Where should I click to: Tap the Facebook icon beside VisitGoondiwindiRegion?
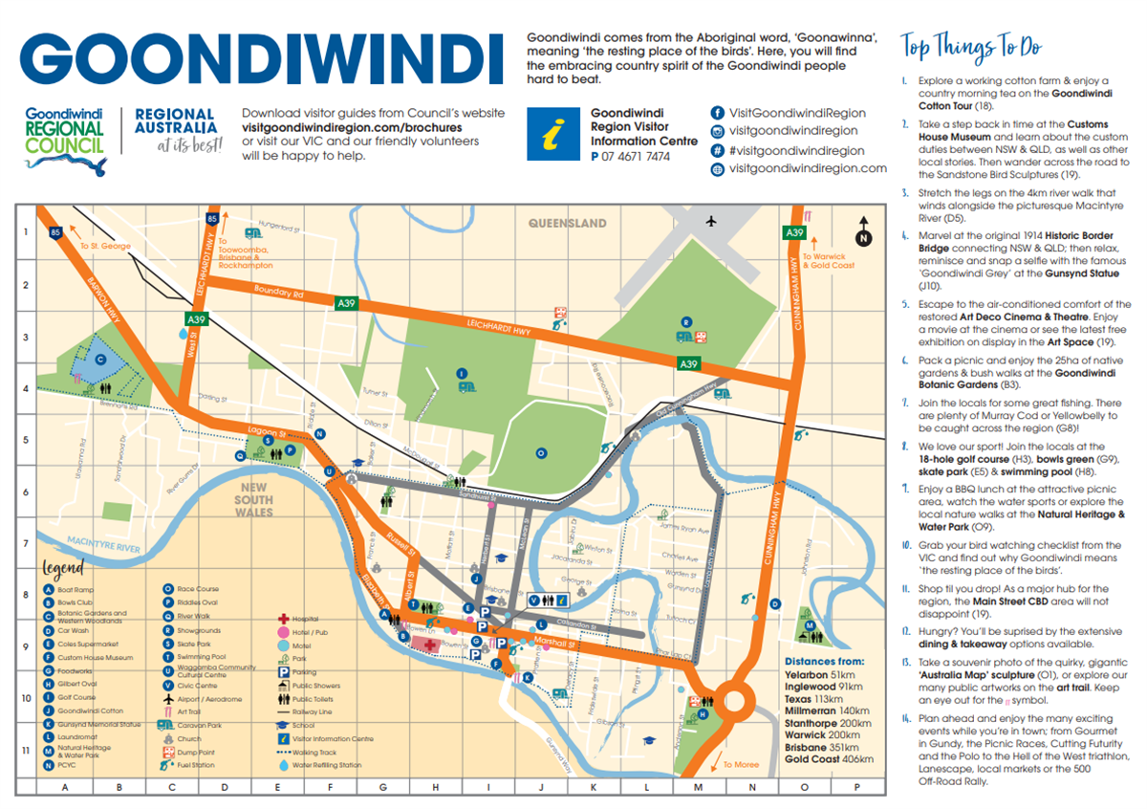(x=717, y=112)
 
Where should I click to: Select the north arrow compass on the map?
(x=863, y=232)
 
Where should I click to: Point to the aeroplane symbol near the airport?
(x=711, y=222)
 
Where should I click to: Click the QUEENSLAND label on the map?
(x=568, y=223)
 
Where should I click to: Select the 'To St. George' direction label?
(x=105, y=246)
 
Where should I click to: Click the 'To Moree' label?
(x=740, y=764)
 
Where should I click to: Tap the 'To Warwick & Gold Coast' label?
(x=828, y=260)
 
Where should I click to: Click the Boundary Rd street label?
(x=278, y=293)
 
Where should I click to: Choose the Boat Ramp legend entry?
(x=71, y=590)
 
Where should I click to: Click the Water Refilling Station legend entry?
(x=325, y=765)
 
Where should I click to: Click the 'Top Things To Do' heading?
(x=971, y=47)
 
